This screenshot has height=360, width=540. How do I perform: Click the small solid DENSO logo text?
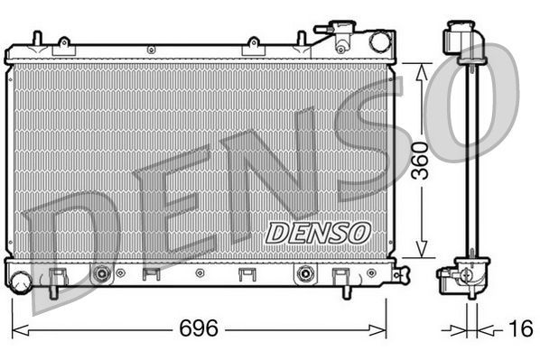318,232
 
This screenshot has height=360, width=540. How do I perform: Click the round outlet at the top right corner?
380,41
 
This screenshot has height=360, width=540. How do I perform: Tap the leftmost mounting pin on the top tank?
36,39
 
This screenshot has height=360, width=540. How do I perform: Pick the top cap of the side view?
460,40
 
